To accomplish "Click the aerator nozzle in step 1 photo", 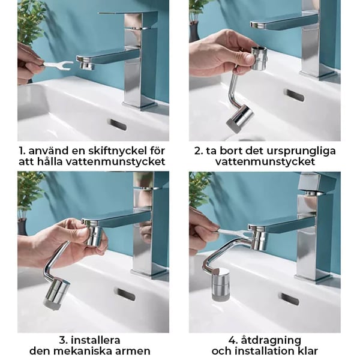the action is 86,65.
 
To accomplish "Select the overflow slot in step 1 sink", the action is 118,125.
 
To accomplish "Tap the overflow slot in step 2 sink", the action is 295,95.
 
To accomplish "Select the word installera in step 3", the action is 95,340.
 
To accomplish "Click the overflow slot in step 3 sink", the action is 125,295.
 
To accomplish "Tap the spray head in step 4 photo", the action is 221,284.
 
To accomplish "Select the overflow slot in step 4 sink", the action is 290,299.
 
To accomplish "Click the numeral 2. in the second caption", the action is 199,151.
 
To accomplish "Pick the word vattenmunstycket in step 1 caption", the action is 115,162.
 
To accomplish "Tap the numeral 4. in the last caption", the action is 233,340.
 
